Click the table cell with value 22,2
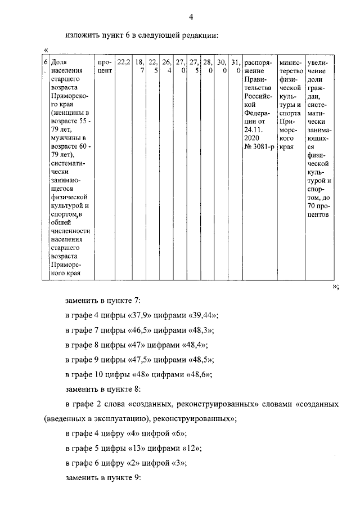123,63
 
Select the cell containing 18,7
139,67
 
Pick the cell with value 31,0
236,67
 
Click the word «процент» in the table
104,67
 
